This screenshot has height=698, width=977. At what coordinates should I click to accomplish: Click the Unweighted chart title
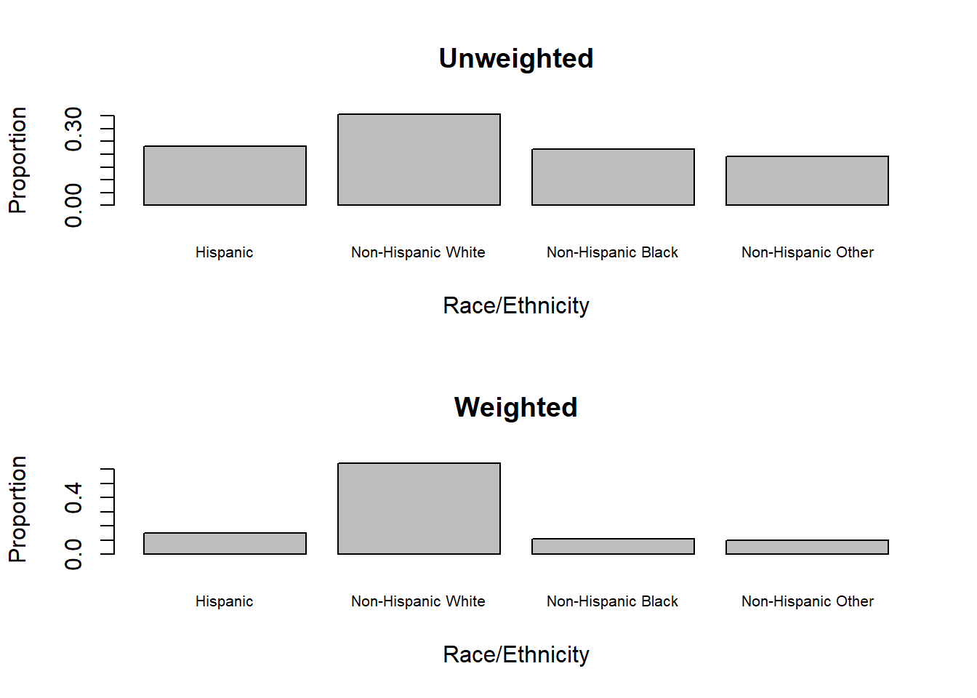click(516, 59)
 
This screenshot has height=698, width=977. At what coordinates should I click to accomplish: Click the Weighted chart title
click(515, 408)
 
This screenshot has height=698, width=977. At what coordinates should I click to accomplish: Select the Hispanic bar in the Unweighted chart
click(225, 176)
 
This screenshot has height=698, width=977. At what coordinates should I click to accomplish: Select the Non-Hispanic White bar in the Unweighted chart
click(419, 160)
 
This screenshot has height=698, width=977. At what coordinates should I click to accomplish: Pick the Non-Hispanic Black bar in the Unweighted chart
click(613, 177)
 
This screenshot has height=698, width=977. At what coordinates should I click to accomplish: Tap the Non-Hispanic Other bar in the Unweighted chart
click(807, 181)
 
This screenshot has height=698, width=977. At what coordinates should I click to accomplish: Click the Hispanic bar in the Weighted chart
click(225, 544)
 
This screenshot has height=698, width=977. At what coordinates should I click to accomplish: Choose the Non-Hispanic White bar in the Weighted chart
click(419, 509)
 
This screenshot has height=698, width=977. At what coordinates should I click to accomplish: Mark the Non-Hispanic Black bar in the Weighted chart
click(613, 547)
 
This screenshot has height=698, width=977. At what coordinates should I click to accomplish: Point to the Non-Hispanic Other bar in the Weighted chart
click(807, 547)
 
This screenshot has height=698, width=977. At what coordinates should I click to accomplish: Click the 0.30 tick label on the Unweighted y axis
click(73, 129)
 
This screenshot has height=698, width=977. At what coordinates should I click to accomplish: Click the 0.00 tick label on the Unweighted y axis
click(73, 206)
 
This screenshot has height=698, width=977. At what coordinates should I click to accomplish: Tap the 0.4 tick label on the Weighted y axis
click(73, 497)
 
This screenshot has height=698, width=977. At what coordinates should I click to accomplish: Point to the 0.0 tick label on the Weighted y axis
click(73, 554)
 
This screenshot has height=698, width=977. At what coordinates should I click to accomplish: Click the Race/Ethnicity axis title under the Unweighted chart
click(515, 306)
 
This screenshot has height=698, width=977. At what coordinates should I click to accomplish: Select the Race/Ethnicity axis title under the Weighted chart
click(515, 655)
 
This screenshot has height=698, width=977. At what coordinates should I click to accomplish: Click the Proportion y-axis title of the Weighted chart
click(17, 509)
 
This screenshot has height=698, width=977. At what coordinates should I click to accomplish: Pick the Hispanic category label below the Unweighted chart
click(224, 253)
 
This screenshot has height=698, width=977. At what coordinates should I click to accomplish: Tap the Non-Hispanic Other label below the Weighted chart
click(807, 602)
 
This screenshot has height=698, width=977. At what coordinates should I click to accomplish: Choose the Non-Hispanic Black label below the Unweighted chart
click(612, 253)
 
